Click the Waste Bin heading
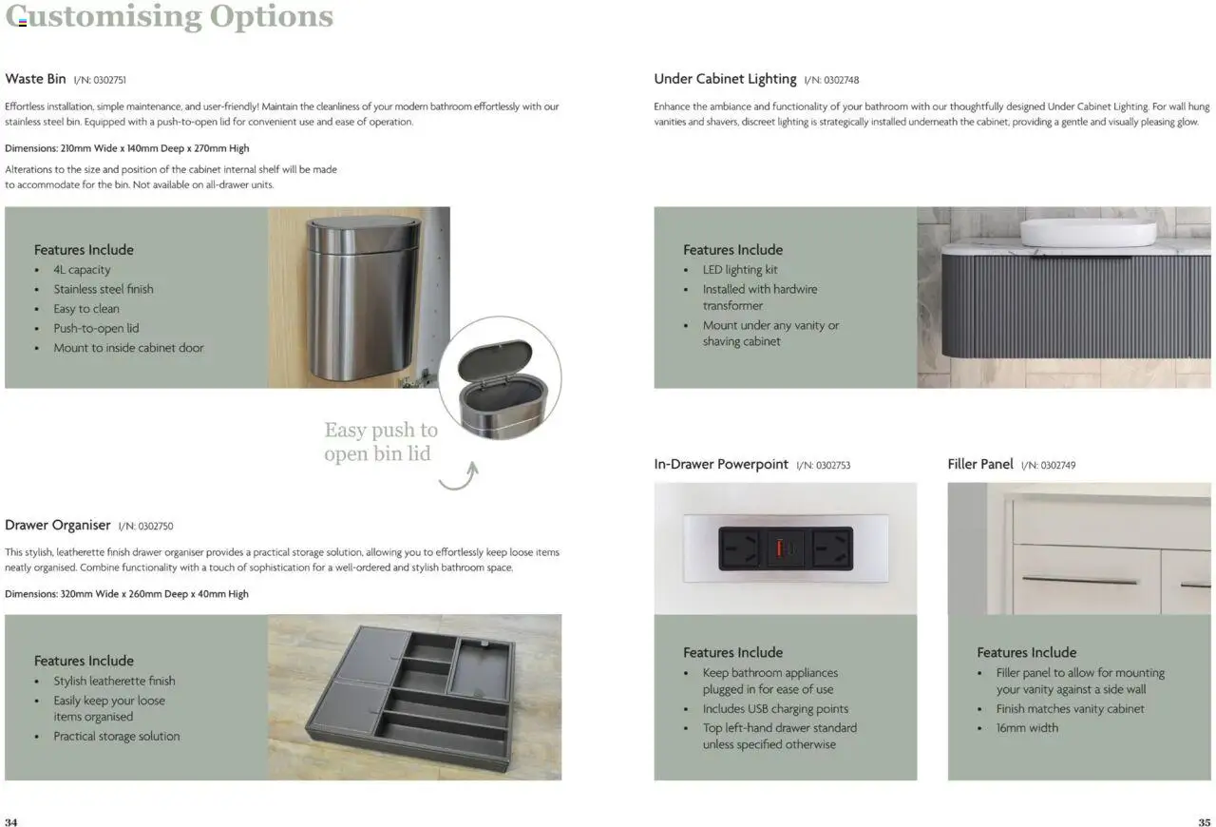35,79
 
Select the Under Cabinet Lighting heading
725,79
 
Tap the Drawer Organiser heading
58,525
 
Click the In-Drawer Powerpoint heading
721,464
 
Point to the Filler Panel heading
980,464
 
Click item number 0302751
100,80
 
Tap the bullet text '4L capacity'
82,270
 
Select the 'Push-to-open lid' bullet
96,328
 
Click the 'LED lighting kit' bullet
740,270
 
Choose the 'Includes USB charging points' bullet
775,708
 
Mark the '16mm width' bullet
1027,727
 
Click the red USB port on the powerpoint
785,548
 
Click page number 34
11,821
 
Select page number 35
1204,821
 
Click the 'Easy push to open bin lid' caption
380,442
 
